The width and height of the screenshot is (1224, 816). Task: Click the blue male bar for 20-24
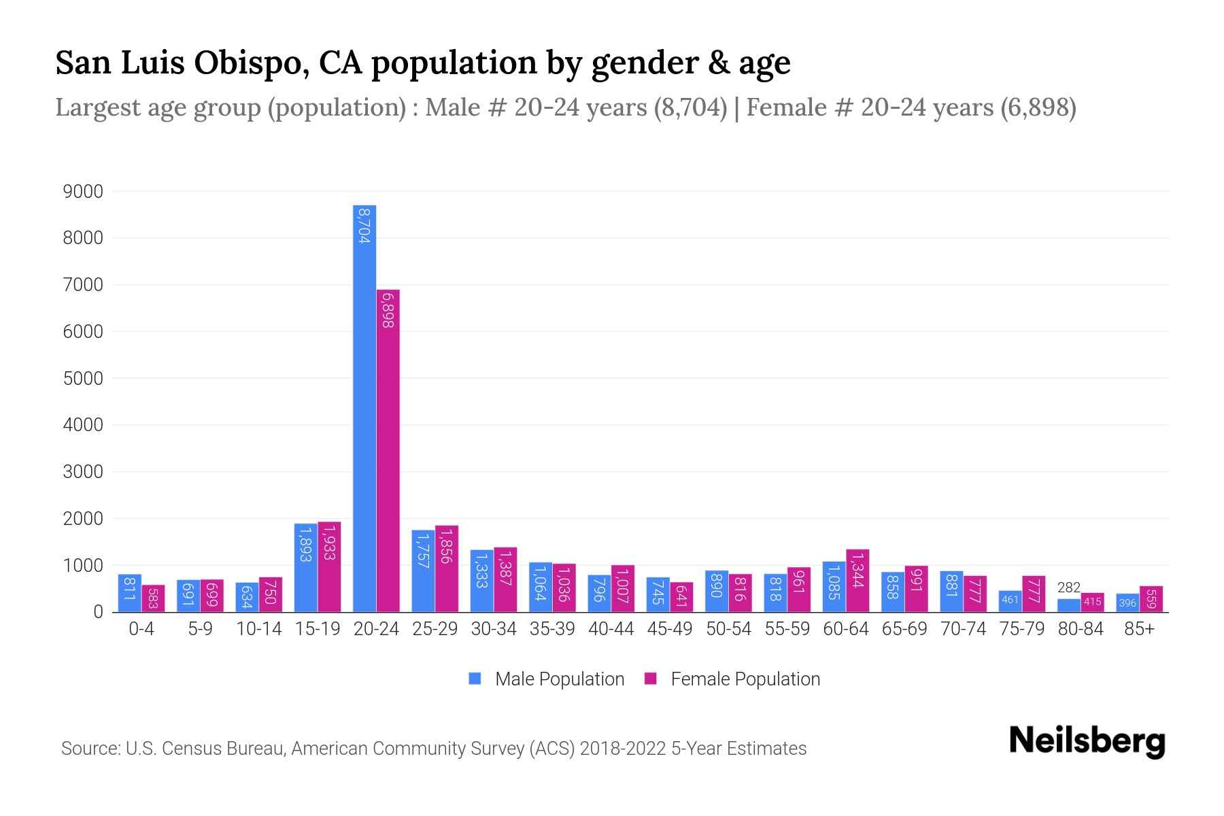364,408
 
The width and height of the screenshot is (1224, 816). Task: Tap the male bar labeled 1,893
305,568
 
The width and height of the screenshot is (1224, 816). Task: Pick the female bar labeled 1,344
857,581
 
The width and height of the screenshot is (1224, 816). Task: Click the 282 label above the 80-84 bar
1069,588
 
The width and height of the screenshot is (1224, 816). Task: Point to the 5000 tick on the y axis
83,379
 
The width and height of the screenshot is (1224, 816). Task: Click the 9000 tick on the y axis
83,192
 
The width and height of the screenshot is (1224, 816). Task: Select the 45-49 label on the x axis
669,629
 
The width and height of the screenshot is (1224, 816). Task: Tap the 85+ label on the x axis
1139,629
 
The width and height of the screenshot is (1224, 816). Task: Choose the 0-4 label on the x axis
141,629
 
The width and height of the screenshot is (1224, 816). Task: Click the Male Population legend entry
547,679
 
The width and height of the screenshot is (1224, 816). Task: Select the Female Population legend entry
732,679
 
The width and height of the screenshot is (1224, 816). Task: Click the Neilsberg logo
1087,741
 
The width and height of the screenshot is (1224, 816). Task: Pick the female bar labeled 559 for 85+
1151,599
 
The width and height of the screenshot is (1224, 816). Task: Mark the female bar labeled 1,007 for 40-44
623,588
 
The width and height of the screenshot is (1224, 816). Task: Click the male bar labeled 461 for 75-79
1010,601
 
